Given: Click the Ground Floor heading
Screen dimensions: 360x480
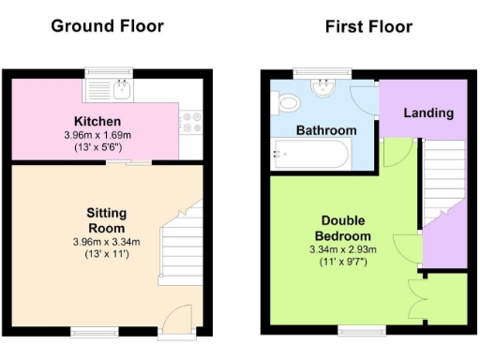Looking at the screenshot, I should pos(107,25).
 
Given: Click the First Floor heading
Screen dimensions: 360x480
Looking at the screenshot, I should pos(368,25).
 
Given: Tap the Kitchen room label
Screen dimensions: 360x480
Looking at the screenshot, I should pos(97,122).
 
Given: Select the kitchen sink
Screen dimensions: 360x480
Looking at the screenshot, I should pos(120,90).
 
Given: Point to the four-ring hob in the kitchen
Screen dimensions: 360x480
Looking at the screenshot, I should pos(192,123).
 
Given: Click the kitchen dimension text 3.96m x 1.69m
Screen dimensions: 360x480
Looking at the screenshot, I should pos(97,135).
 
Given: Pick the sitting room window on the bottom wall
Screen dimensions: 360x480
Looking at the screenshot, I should pos(91,329).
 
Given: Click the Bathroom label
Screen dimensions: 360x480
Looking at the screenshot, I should pos(325,130).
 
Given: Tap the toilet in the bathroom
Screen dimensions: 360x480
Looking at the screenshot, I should pos(287,101).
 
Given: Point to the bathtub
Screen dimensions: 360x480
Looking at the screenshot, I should pos(310,155).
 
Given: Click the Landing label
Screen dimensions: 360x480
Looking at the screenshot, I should pos(427,112).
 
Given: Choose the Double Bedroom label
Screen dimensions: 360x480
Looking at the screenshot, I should pos(342,228).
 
